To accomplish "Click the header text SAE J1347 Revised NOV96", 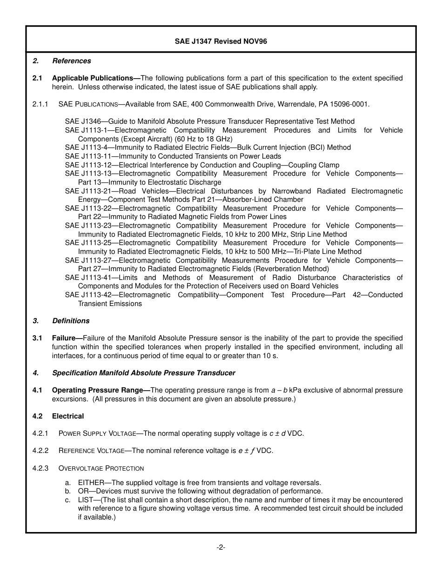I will click(x=221, y=41).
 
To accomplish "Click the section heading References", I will click(x=72, y=61).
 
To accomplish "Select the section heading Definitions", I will click(x=71, y=321).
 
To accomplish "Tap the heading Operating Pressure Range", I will click(x=100, y=390).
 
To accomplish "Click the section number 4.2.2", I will click(x=40, y=451).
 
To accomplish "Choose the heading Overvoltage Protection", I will click(x=101, y=468).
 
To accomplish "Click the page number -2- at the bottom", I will click(x=221, y=547).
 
